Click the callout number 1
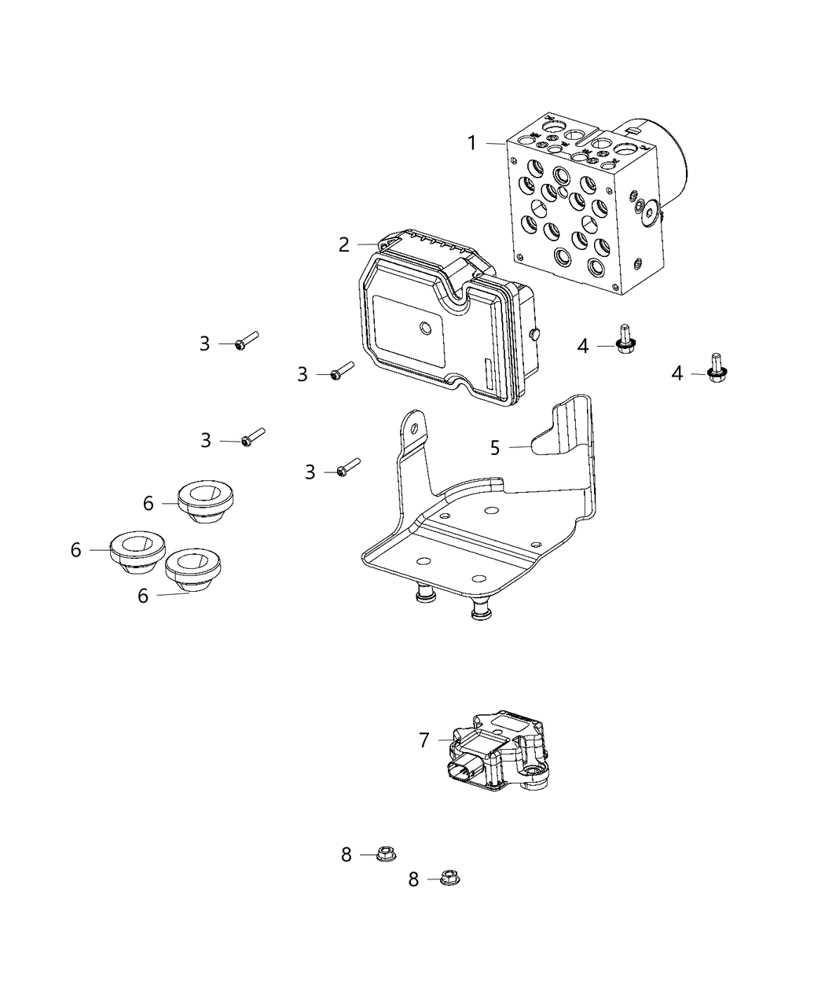[x=471, y=143]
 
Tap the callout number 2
[x=344, y=244]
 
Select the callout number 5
[x=495, y=448]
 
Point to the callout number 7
[x=424, y=740]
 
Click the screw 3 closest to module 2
[x=343, y=370]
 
